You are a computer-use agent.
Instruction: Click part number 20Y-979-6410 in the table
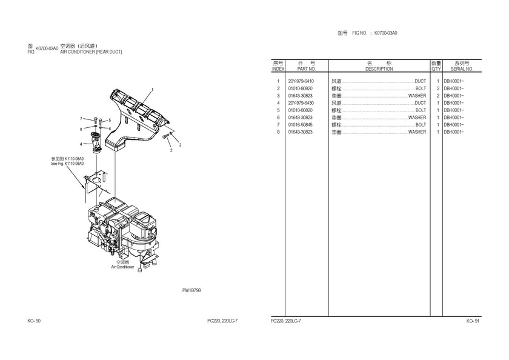tap(301, 81)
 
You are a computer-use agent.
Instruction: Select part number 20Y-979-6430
tap(301, 103)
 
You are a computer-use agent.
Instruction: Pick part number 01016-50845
tap(301, 125)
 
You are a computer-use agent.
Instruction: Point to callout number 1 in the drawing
tap(153, 90)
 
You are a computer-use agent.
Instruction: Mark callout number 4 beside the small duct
tap(81, 144)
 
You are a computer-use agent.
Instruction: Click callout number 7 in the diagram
tap(81, 119)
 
